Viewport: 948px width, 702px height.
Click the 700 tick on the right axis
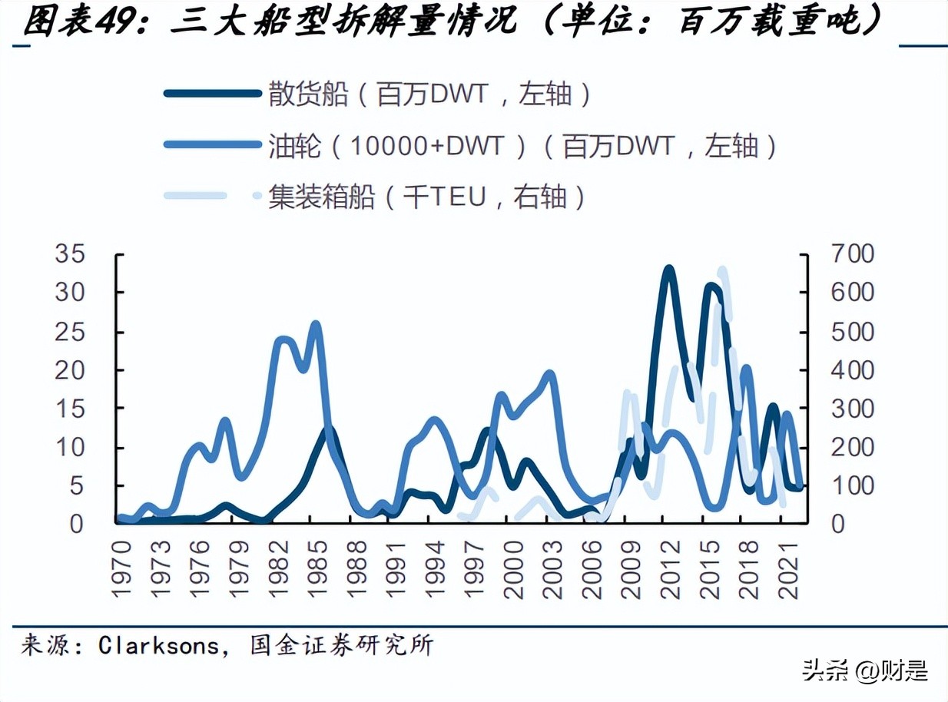click(851, 254)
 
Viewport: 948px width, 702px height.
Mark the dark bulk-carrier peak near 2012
click(668, 270)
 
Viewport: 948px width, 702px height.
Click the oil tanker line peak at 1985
click(315, 325)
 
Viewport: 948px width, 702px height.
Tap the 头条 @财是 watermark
click(865, 671)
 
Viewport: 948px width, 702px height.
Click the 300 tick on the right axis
click(851, 409)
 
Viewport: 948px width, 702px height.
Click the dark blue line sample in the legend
click(212, 94)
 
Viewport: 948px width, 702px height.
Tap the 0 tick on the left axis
click(77, 524)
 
